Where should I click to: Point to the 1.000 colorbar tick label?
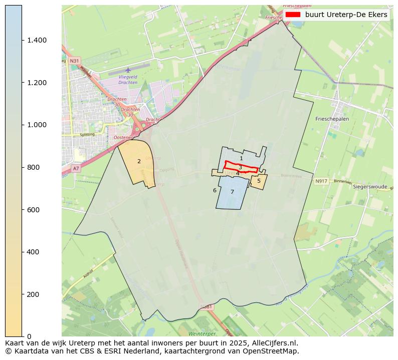point(37,125)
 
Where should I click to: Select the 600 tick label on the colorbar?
point(34,209)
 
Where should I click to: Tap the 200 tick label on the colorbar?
point(34,294)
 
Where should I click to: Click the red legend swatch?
point(293,15)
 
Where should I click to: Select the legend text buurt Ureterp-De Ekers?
point(346,15)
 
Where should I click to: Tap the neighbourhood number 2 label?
point(139,161)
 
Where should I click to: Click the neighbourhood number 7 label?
point(232,192)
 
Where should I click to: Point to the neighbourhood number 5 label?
point(259,181)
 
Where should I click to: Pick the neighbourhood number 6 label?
point(215,190)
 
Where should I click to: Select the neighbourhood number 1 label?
point(241,158)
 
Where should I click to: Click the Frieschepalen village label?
point(332,119)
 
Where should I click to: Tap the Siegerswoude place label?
point(370,187)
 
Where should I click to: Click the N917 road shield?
point(321,181)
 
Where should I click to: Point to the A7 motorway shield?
point(76,169)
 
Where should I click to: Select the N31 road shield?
point(74,61)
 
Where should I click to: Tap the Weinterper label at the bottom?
point(202,333)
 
